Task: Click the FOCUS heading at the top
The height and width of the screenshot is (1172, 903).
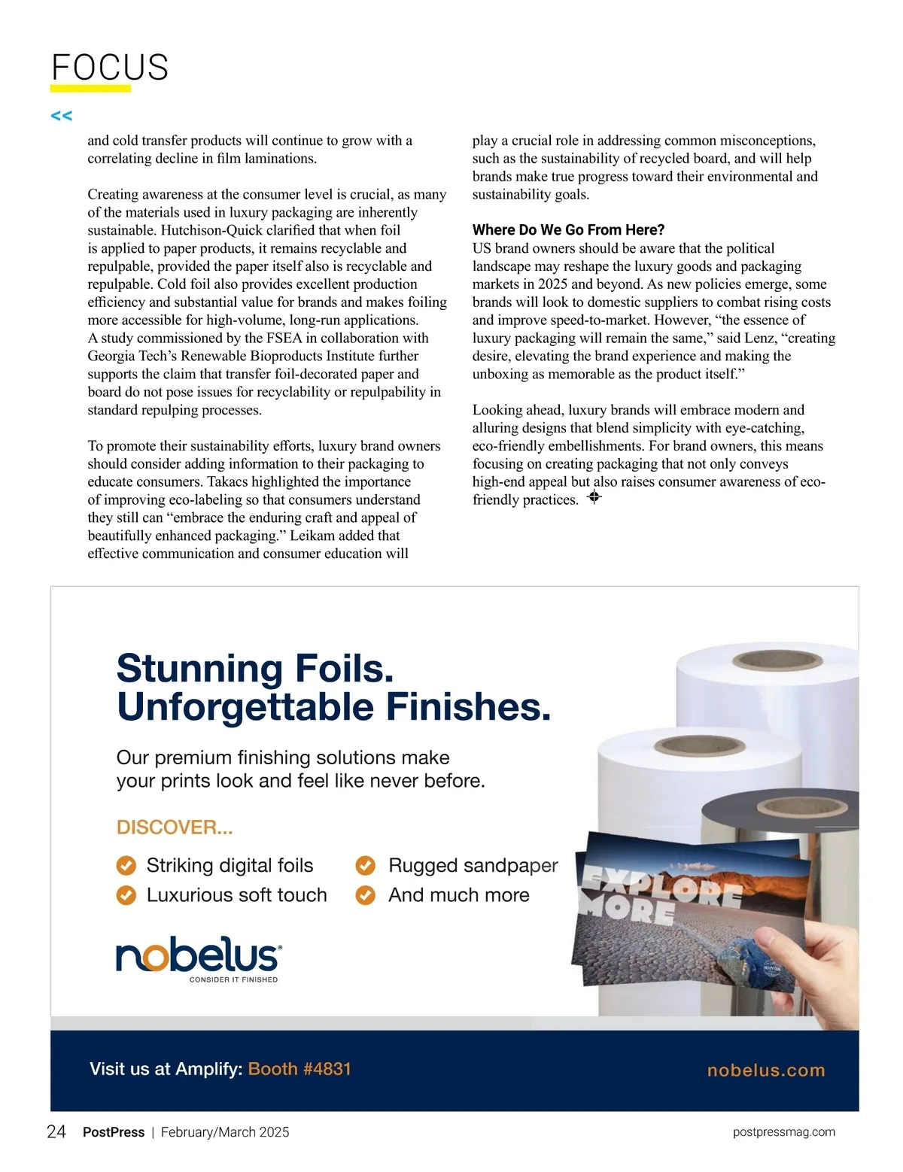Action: point(110,68)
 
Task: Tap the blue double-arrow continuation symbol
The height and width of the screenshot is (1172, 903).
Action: point(61,116)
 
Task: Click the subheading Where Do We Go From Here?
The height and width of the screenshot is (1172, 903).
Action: point(568,230)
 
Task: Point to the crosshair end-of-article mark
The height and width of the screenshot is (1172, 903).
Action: point(594,497)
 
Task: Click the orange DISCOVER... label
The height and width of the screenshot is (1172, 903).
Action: point(175,827)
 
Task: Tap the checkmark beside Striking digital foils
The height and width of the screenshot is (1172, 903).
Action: point(126,866)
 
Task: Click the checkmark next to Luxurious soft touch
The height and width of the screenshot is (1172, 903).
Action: point(126,895)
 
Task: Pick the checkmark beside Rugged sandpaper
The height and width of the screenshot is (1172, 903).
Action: point(365,866)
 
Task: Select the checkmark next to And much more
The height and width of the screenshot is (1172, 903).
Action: point(365,895)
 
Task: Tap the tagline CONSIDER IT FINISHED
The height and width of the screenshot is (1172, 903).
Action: point(233,979)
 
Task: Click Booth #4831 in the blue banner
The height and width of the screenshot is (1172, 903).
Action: point(299,1069)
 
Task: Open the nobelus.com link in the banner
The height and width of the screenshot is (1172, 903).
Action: point(766,1070)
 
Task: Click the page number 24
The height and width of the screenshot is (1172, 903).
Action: point(56,1132)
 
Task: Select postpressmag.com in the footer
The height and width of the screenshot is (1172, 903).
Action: point(783,1132)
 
